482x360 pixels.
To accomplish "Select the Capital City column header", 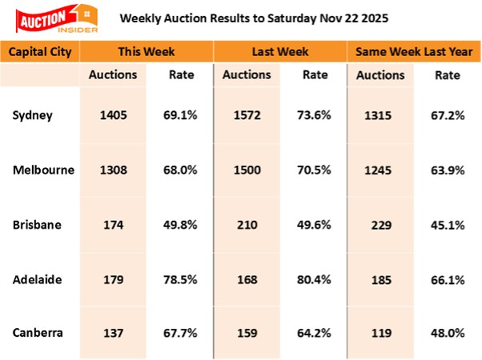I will pos(41,53).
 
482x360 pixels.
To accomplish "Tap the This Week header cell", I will pos(147,53).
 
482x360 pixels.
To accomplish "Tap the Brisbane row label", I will pos(34,224).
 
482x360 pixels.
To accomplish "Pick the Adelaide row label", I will pos(35,279).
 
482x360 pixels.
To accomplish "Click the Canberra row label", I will pos(37,333).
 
